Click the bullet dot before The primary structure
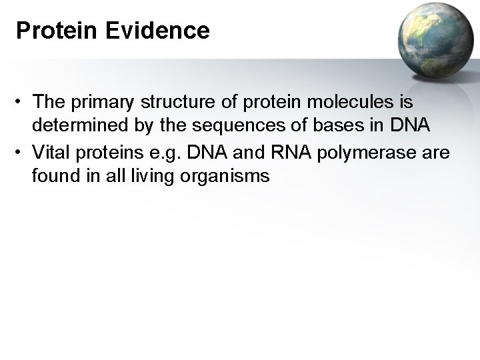tap(21, 103)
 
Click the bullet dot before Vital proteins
tap(21, 153)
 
